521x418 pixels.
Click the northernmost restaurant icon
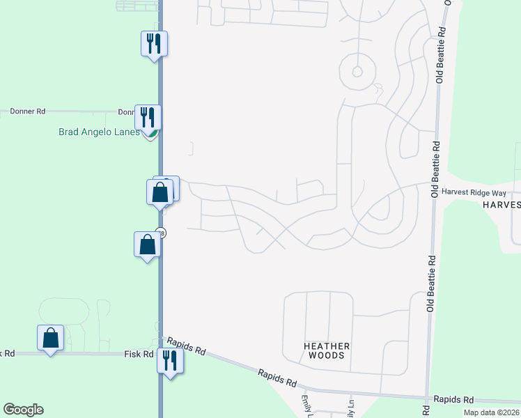[154, 44]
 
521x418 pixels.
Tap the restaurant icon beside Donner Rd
[148, 116]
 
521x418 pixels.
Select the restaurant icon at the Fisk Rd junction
[169, 360]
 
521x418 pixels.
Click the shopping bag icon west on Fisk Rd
[50, 338]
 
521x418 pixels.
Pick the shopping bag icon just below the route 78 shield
[147, 245]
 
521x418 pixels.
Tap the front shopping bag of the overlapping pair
[160, 192]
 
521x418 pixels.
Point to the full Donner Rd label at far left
[28, 111]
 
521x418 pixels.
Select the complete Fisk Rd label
[139, 354]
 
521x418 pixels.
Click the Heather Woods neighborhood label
[325, 350]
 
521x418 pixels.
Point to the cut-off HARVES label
[501, 205]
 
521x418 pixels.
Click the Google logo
[23, 410]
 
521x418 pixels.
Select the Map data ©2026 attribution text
[491, 412]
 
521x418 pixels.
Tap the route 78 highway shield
[161, 233]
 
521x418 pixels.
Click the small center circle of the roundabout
[357, 71]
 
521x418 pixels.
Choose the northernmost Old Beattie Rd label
[440, 56]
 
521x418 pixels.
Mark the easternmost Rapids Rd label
[453, 400]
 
